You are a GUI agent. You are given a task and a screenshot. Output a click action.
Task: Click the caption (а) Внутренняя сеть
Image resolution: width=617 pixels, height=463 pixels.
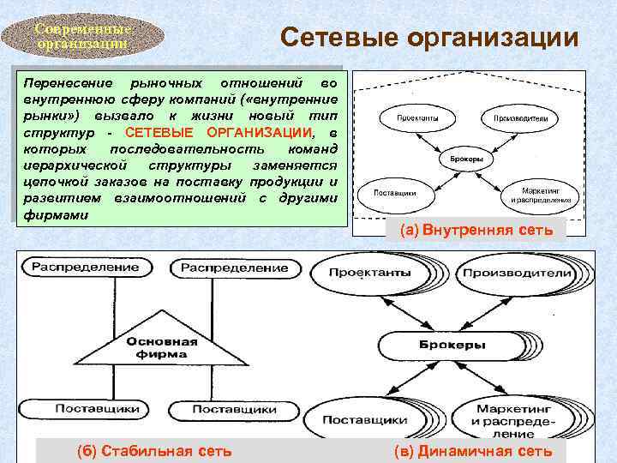[470, 230]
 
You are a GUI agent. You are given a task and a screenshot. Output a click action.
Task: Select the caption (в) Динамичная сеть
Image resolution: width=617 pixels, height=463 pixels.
[472, 451]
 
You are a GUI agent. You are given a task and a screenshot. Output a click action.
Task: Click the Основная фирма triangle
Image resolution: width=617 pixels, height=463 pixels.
[163, 347]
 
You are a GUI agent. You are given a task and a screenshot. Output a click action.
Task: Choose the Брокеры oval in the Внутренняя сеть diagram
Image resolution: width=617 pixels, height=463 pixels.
[464, 159]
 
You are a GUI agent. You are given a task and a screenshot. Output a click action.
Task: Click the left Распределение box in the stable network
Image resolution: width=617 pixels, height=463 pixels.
[85, 267]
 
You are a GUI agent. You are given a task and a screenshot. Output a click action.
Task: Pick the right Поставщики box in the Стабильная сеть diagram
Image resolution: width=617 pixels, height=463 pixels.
[234, 410]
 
